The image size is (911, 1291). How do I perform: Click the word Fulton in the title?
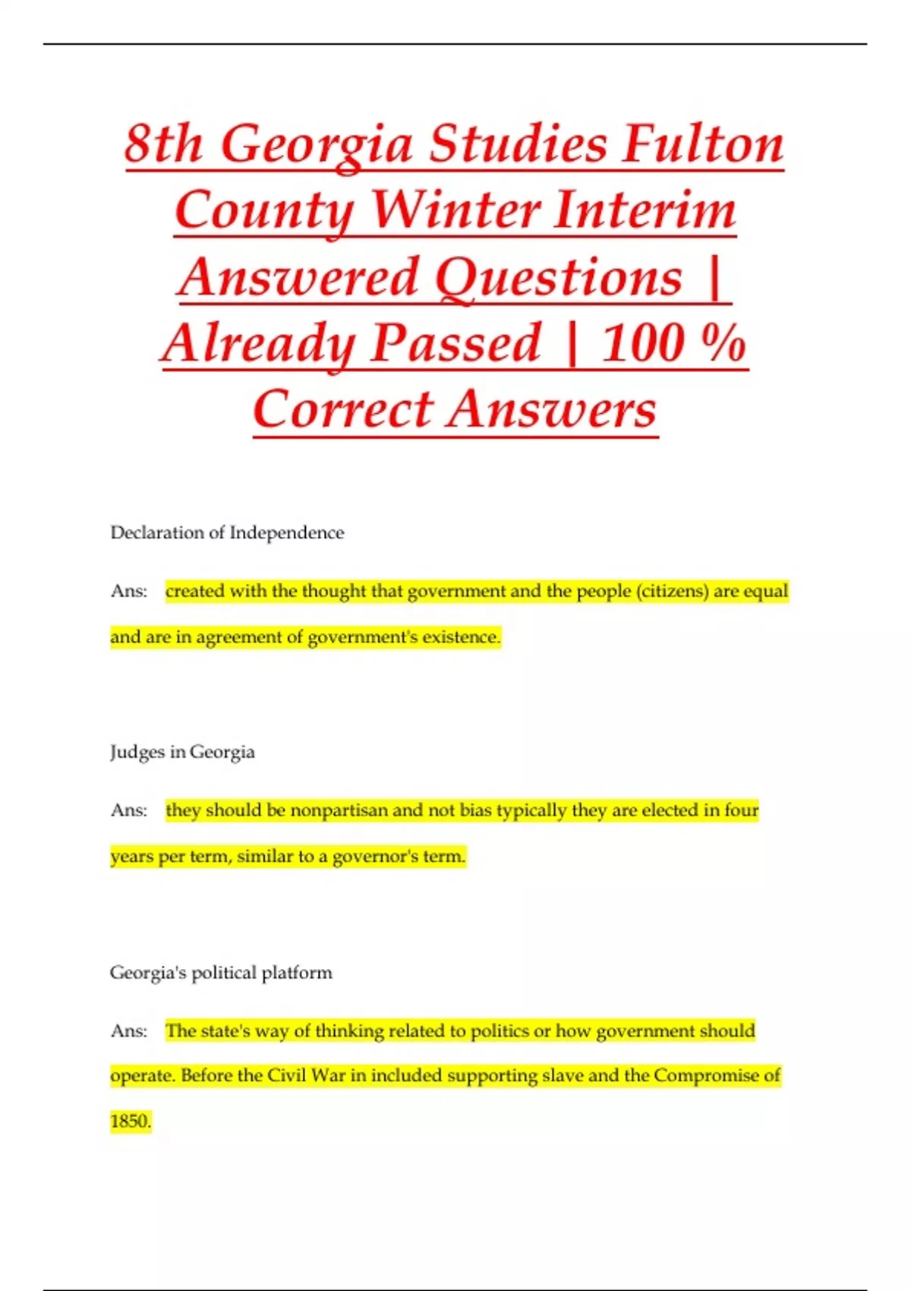[x=702, y=144]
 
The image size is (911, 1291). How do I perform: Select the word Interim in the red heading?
[x=645, y=210]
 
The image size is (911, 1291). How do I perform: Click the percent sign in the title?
[x=724, y=343]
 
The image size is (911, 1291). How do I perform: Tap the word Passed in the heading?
[x=456, y=343]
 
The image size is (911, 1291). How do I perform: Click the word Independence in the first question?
[x=286, y=532]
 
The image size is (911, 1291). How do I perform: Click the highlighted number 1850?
[x=130, y=1121]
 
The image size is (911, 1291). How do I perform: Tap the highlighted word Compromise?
[x=707, y=1075]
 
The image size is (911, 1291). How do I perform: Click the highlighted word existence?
[x=461, y=636]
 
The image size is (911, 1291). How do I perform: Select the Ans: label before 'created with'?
[x=129, y=591]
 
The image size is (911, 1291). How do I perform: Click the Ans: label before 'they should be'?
[x=129, y=810]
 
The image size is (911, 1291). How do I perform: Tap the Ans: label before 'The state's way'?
[x=129, y=1031]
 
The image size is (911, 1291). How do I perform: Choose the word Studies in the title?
[x=519, y=144]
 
